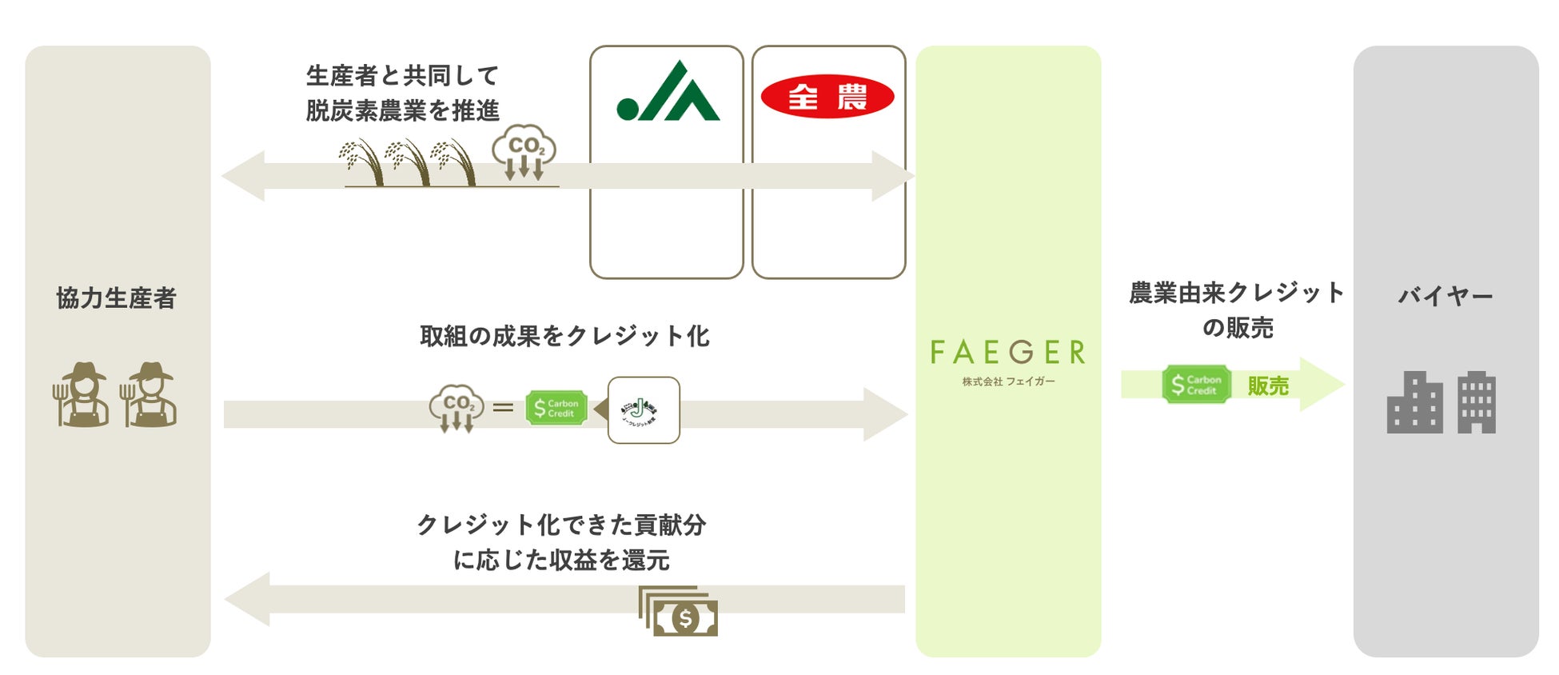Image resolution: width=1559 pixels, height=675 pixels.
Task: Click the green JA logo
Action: tap(668, 92)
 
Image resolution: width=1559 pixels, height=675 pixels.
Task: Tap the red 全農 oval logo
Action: tap(827, 97)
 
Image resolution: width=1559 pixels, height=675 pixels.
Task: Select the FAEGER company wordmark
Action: tap(1008, 352)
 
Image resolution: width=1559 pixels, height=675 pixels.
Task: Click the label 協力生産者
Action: tap(117, 298)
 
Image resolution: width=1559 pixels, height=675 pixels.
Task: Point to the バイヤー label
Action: tap(1445, 297)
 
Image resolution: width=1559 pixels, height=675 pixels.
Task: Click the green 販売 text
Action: tap(1268, 386)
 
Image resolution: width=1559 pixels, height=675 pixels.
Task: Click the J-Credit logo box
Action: tap(644, 410)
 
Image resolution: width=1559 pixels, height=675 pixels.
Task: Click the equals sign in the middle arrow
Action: tap(503, 408)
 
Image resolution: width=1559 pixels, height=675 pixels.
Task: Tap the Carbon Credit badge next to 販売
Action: tap(1196, 385)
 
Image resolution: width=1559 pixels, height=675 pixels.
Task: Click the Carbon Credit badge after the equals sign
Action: tap(556, 408)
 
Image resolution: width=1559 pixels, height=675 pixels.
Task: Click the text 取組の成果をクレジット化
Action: tap(564, 336)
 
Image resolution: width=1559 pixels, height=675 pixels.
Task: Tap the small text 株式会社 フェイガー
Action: tap(1008, 381)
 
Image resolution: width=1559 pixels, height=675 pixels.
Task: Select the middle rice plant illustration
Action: tap(408, 162)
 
